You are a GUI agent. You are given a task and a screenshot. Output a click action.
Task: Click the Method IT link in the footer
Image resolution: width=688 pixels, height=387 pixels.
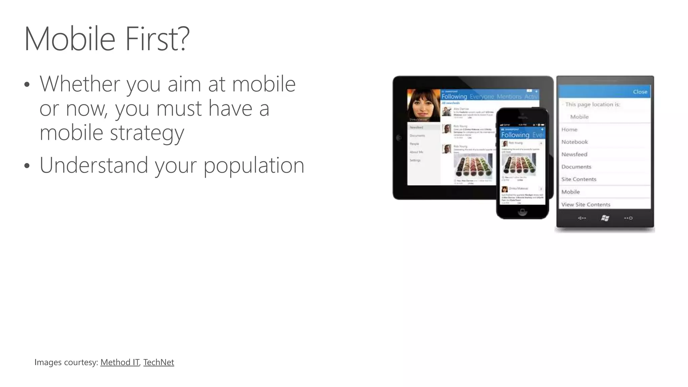(x=120, y=362)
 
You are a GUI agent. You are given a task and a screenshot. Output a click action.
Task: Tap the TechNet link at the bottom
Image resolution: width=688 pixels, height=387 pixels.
(x=159, y=362)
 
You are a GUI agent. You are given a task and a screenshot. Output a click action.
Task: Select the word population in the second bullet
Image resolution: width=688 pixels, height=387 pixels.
(x=254, y=165)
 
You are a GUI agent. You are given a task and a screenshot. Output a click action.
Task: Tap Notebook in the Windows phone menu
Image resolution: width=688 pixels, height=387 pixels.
(x=574, y=142)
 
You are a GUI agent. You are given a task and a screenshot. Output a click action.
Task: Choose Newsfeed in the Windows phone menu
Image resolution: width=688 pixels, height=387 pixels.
(x=574, y=154)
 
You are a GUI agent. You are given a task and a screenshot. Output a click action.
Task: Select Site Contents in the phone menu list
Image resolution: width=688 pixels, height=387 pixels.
(x=578, y=179)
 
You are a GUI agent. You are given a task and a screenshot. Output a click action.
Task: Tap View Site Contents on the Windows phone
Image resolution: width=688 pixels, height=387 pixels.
(x=586, y=204)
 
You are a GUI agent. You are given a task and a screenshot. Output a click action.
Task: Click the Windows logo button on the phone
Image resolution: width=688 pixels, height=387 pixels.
(x=605, y=218)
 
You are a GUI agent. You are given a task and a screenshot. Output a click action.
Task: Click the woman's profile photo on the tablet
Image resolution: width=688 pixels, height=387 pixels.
(x=423, y=105)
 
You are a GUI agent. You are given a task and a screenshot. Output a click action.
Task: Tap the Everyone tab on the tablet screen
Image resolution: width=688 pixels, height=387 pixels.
(x=482, y=97)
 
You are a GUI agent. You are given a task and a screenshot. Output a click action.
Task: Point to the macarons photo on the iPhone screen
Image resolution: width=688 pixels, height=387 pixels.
(x=519, y=165)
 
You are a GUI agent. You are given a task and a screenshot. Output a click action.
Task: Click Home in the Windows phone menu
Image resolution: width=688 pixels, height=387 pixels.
(x=569, y=129)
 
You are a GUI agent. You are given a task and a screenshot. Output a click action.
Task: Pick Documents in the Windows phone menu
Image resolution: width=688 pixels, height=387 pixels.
(x=576, y=167)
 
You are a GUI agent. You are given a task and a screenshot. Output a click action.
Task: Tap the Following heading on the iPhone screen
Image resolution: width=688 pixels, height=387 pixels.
(x=515, y=135)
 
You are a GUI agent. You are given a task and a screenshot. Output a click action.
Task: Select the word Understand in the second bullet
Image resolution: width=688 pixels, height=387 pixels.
(x=94, y=165)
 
